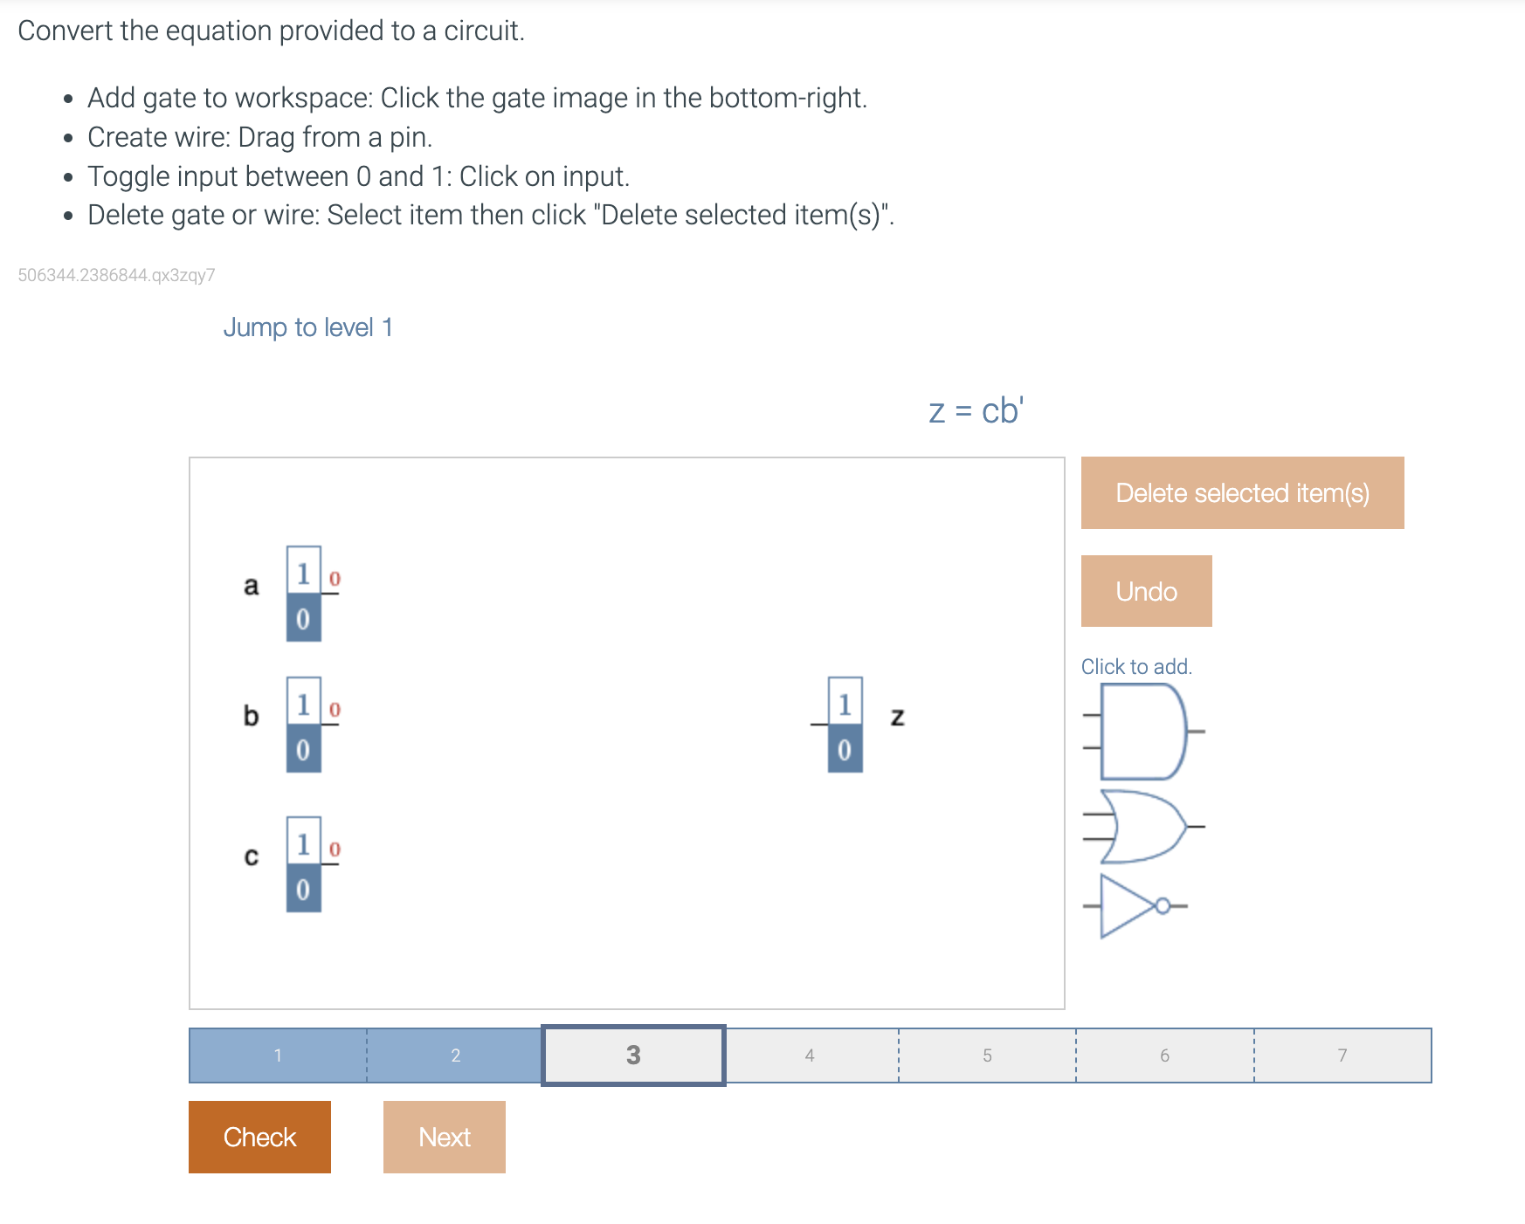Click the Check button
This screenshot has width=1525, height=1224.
259,1137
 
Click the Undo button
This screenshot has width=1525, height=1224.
1146,591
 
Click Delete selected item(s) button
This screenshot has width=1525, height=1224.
1242,493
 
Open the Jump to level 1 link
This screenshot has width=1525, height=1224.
307,327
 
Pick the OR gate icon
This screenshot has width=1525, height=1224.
1142,826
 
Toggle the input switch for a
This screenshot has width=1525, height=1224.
303,595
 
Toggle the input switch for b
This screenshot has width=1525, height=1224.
303,725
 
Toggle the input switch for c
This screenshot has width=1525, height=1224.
303,864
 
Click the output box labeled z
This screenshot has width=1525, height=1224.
845,725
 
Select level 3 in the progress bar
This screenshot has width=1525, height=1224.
633,1056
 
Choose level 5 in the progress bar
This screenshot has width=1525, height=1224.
987,1056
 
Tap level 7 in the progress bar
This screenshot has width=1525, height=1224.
1342,1056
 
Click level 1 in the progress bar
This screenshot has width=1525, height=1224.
278,1056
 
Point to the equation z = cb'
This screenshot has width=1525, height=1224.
976,411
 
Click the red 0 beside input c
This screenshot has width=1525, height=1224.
335,849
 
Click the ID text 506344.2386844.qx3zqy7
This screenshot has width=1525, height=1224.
116,275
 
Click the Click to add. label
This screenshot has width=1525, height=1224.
1135,667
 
